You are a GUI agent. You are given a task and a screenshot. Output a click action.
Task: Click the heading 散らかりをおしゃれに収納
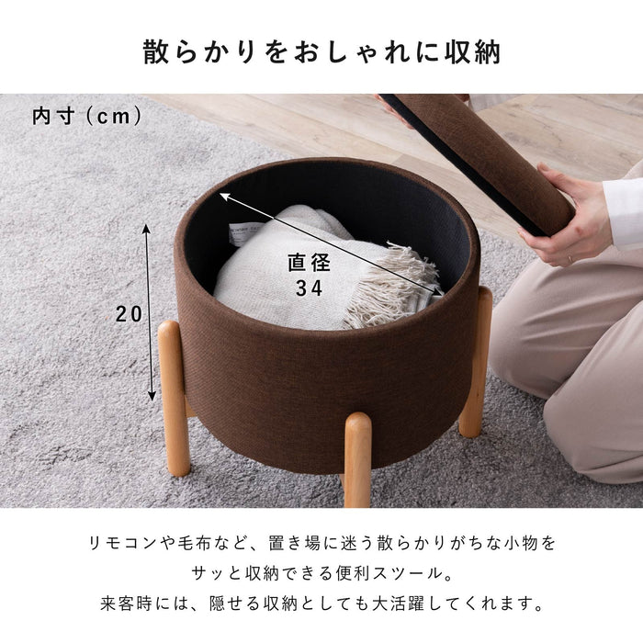(321, 51)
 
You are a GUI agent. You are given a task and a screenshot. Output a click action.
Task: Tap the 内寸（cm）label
(87, 117)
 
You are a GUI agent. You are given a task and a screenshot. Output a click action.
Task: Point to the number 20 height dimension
(130, 313)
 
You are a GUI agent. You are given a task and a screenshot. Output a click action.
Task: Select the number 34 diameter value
(308, 288)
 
